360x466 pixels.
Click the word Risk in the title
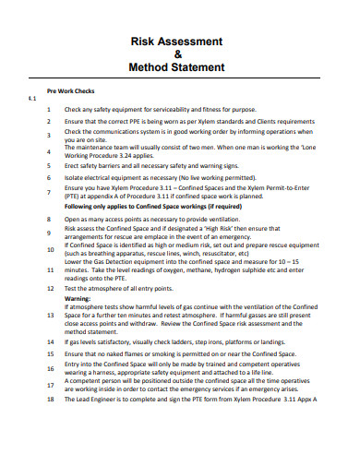click(x=147, y=42)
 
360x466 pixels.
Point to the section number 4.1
click(x=31, y=98)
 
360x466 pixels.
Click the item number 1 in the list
click(x=48, y=110)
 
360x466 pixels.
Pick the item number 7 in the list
click(x=48, y=192)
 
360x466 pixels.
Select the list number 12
click(x=49, y=288)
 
